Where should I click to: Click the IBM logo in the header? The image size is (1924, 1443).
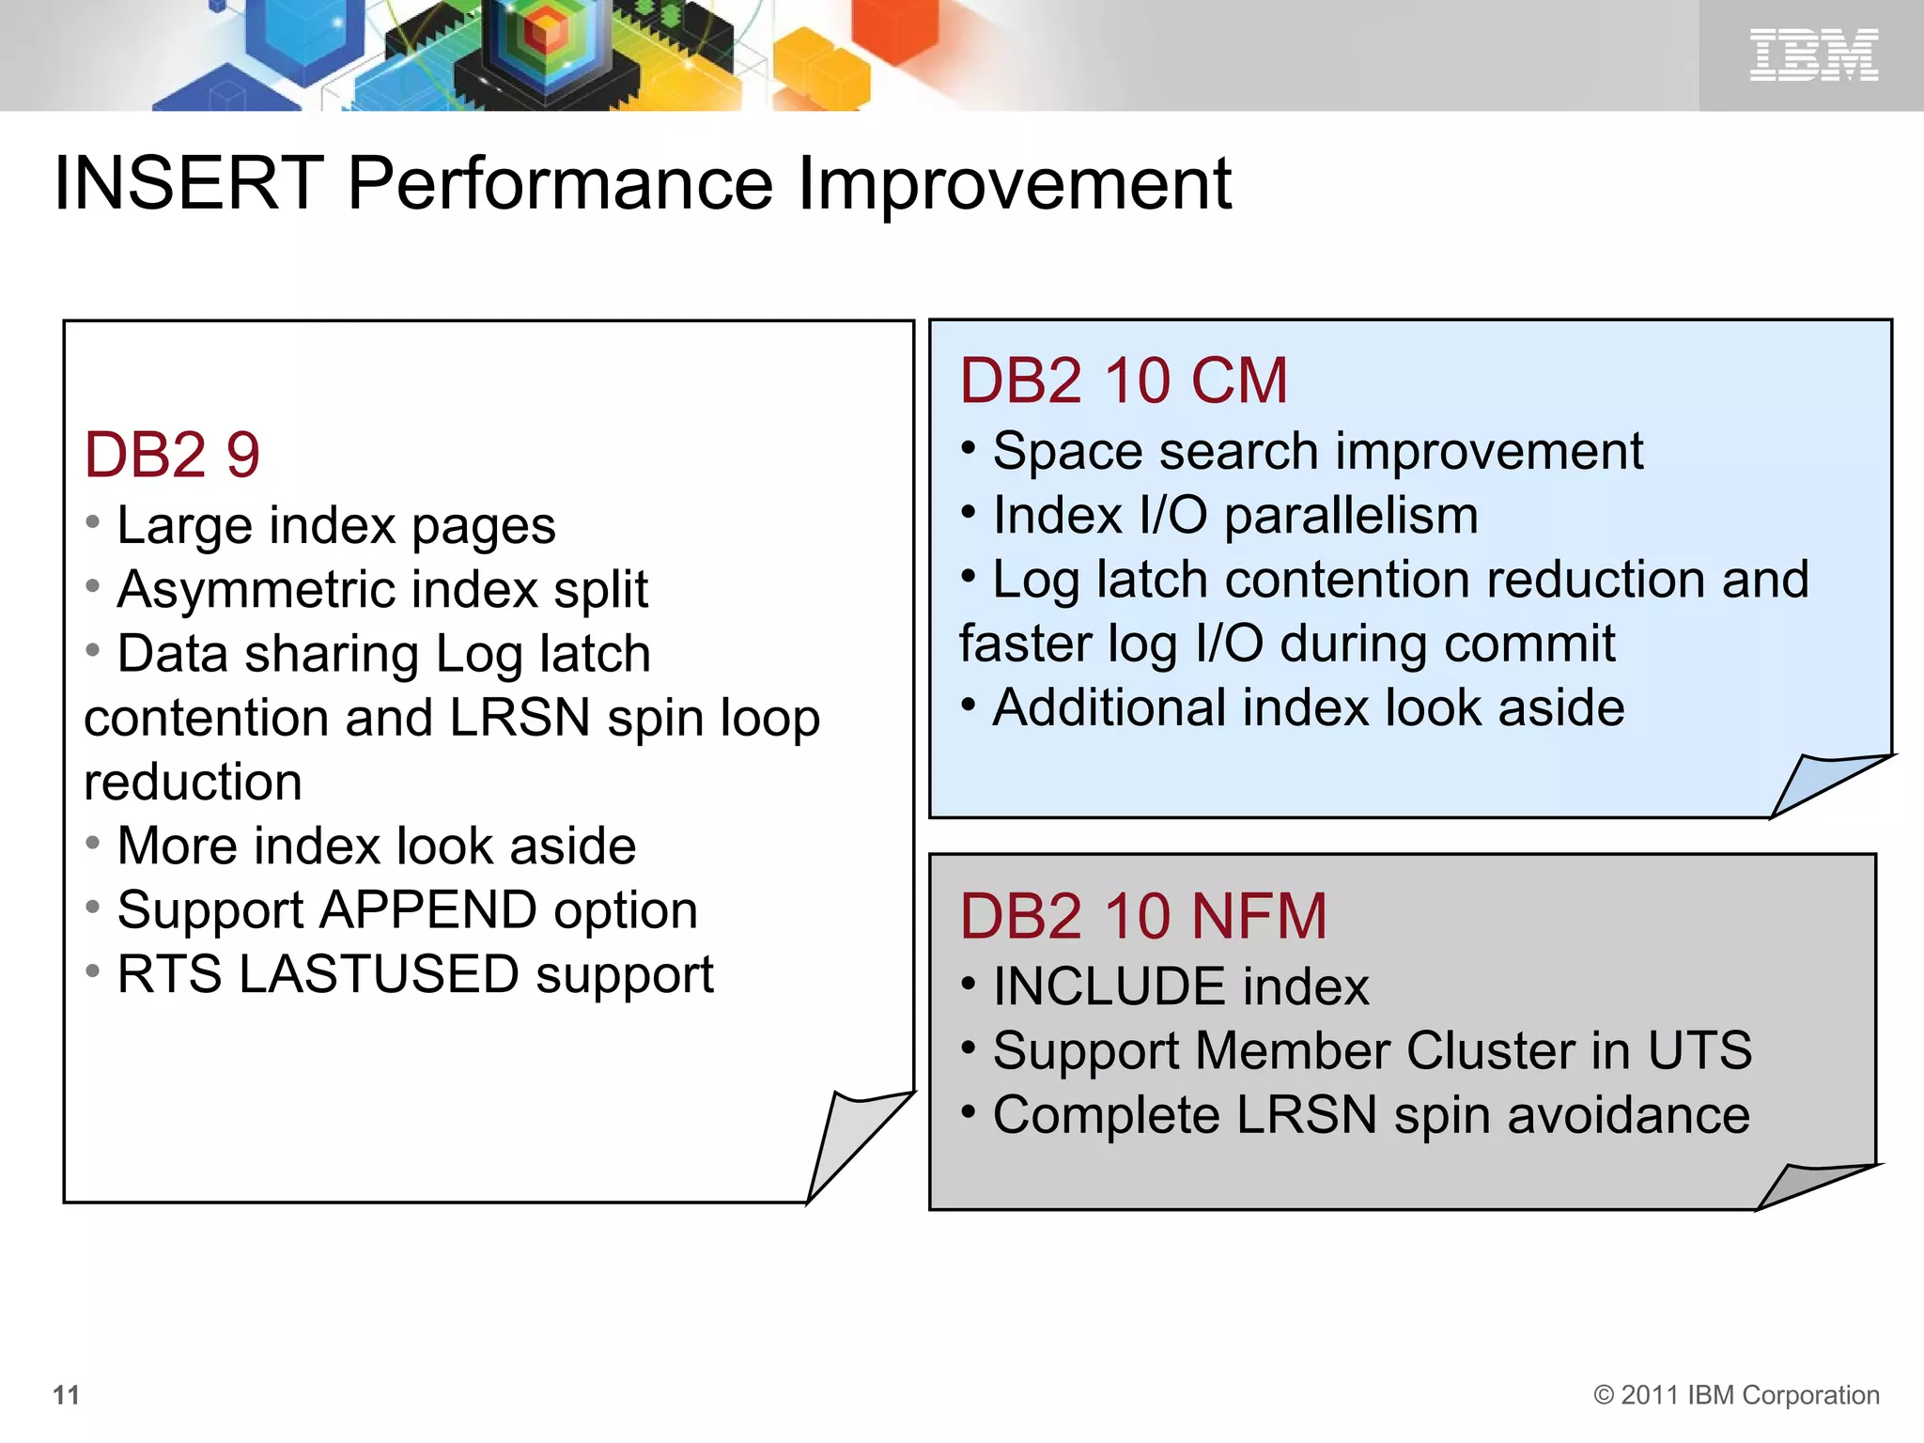pos(1813,54)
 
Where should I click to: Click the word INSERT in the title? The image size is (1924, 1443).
pos(189,183)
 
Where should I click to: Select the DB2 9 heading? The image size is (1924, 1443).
pos(172,456)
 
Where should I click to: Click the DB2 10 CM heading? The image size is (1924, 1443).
pos(1124,381)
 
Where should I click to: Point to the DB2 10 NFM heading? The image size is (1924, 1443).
pos(1143,917)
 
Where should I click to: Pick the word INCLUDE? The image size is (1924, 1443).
pos(1109,987)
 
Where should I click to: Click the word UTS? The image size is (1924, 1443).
pos(1699,1051)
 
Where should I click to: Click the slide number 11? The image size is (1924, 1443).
pos(66,1395)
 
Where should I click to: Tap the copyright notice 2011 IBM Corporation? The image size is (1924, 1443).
pos(1737,1395)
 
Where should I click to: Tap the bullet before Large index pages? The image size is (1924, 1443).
pos(92,521)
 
